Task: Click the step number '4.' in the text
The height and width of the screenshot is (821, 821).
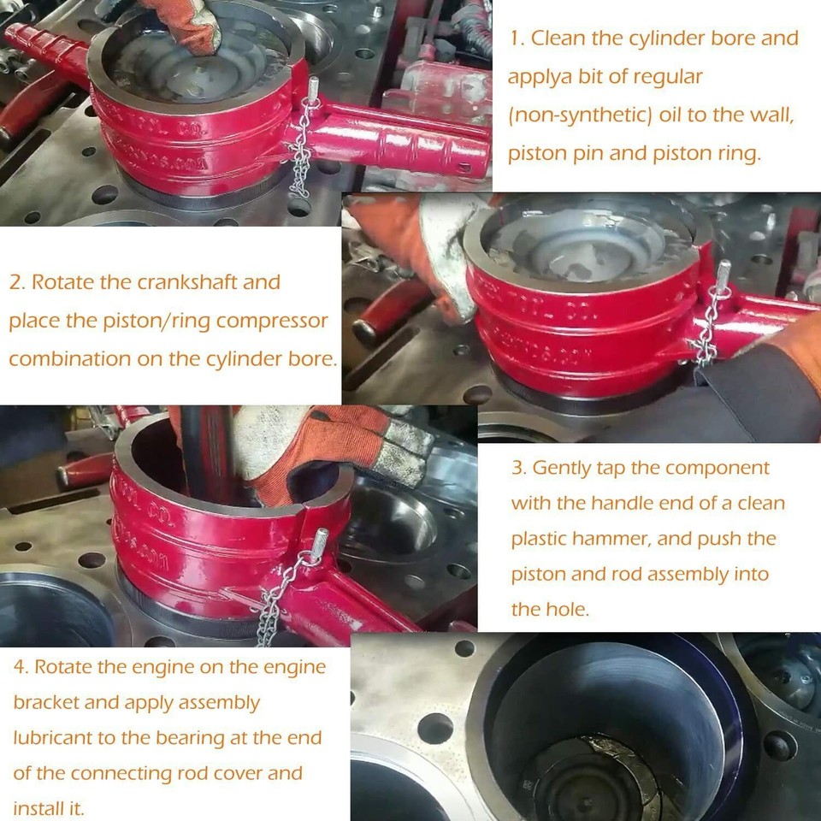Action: pyautogui.click(x=21, y=667)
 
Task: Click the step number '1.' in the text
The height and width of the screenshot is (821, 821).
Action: pyautogui.click(x=517, y=38)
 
